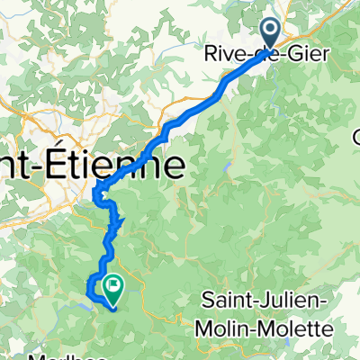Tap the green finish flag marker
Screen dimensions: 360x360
click(114, 287)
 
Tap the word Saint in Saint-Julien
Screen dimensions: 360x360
click(224, 299)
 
